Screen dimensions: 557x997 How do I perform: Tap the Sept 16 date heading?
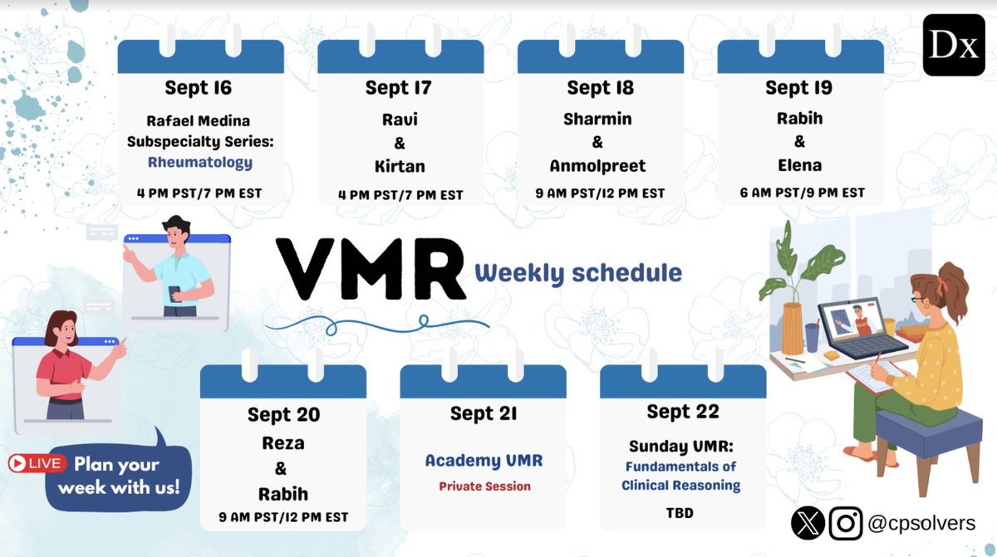tap(198, 87)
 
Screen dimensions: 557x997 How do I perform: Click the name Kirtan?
tap(399, 166)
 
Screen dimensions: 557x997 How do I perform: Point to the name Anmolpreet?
tap(599, 166)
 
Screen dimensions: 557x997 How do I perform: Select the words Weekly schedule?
tap(578, 272)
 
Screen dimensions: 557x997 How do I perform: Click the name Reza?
tap(282, 443)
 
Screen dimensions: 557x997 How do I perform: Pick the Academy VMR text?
tap(484, 461)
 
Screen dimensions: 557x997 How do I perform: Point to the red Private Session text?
tap(484, 486)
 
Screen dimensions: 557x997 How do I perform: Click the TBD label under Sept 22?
tap(680, 513)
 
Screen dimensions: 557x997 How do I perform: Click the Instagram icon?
tap(846, 523)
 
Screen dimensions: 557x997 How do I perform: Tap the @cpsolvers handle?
tap(921, 523)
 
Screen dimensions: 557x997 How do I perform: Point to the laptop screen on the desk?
tap(853, 320)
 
